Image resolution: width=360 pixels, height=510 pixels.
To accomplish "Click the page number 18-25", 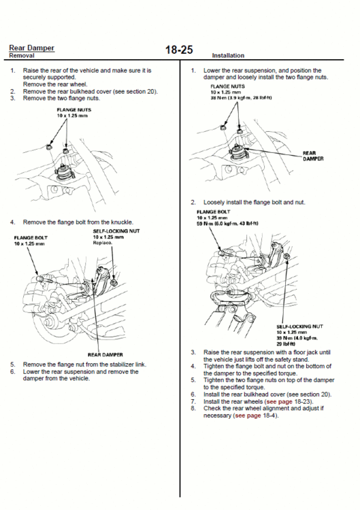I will coord(179,50).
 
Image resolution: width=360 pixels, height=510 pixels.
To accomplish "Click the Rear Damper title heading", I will coord(32,48).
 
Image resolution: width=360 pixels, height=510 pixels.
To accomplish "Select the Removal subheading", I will coord(23,55).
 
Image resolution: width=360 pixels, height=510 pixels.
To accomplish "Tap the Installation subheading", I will coord(228,55).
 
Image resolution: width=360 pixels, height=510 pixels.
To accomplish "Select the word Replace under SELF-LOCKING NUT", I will coord(103,242).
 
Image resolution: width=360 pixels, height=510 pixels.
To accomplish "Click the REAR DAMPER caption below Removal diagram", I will coord(105,354).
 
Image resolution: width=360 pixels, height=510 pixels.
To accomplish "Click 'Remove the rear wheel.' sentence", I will coord(52,84).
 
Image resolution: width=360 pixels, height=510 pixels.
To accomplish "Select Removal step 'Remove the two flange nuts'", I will coord(61,98).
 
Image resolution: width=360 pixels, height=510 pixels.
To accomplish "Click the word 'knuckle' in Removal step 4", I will coord(122,222).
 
